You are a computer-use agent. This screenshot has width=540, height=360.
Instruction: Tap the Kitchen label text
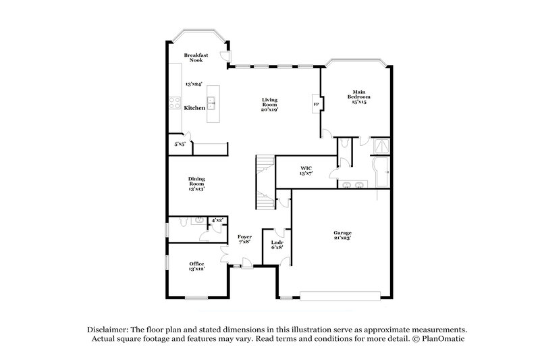[194, 108]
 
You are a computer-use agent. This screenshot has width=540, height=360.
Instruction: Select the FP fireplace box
[315, 105]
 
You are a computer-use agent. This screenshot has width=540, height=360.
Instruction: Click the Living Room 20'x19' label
[270, 104]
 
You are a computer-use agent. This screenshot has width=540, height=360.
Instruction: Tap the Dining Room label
[196, 184]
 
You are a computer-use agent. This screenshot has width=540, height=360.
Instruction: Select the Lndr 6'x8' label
[277, 244]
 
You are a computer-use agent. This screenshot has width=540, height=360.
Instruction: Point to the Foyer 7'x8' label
[244, 239]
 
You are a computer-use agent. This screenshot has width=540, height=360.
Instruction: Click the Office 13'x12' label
[196, 266]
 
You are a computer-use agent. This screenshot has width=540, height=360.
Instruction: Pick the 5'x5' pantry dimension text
[180, 144]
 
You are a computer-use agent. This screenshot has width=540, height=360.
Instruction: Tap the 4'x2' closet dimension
[217, 220]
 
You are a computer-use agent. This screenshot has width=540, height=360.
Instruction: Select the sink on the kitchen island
[212, 104]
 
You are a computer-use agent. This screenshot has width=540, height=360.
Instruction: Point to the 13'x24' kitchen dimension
[194, 84]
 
